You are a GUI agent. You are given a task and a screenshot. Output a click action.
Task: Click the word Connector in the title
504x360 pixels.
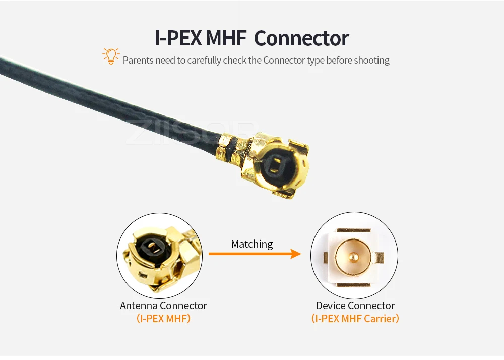click(301, 39)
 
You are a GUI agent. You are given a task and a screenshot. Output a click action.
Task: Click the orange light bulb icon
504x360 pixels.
click(110, 56)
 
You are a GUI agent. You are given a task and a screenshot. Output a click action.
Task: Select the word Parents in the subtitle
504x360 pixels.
click(138, 61)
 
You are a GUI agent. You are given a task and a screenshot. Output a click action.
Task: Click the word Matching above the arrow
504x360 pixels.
click(251, 244)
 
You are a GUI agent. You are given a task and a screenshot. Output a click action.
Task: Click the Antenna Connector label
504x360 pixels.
click(163, 306)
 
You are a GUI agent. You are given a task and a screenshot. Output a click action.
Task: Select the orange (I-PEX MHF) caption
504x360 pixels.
click(163, 319)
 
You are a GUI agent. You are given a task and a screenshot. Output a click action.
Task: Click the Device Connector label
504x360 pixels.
click(355, 306)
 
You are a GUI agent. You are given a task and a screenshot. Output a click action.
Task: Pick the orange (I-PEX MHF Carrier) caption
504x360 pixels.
click(355, 319)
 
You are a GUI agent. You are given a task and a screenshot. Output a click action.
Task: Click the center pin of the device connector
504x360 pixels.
click(354, 257)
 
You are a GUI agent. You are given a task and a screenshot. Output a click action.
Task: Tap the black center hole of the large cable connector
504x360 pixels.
click(275, 166)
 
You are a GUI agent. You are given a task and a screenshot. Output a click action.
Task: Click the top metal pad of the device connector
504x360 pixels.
click(354, 230)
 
